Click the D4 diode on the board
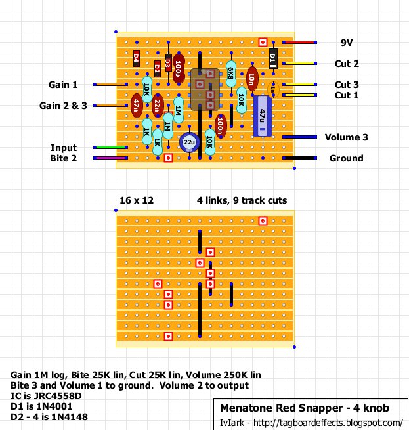tap(137, 58)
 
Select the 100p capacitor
tap(179, 68)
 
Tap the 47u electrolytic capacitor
tap(263, 116)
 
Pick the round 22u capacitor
tap(189, 142)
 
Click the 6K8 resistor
tap(231, 74)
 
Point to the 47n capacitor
tap(137, 106)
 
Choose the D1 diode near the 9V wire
tap(273, 58)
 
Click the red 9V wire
tap(299, 42)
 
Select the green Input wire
tap(110, 147)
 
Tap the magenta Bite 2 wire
tap(110, 158)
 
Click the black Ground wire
tap(299, 158)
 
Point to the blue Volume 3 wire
tap(299, 137)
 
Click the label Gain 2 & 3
tap(63, 106)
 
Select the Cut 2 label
tap(347, 64)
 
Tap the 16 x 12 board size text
tap(137, 200)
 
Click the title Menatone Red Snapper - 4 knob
tap(305, 408)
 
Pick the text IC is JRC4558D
tap(46, 396)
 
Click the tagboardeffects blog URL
tap(328, 423)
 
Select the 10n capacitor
tap(252, 79)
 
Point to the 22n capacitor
tap(158, 106)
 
